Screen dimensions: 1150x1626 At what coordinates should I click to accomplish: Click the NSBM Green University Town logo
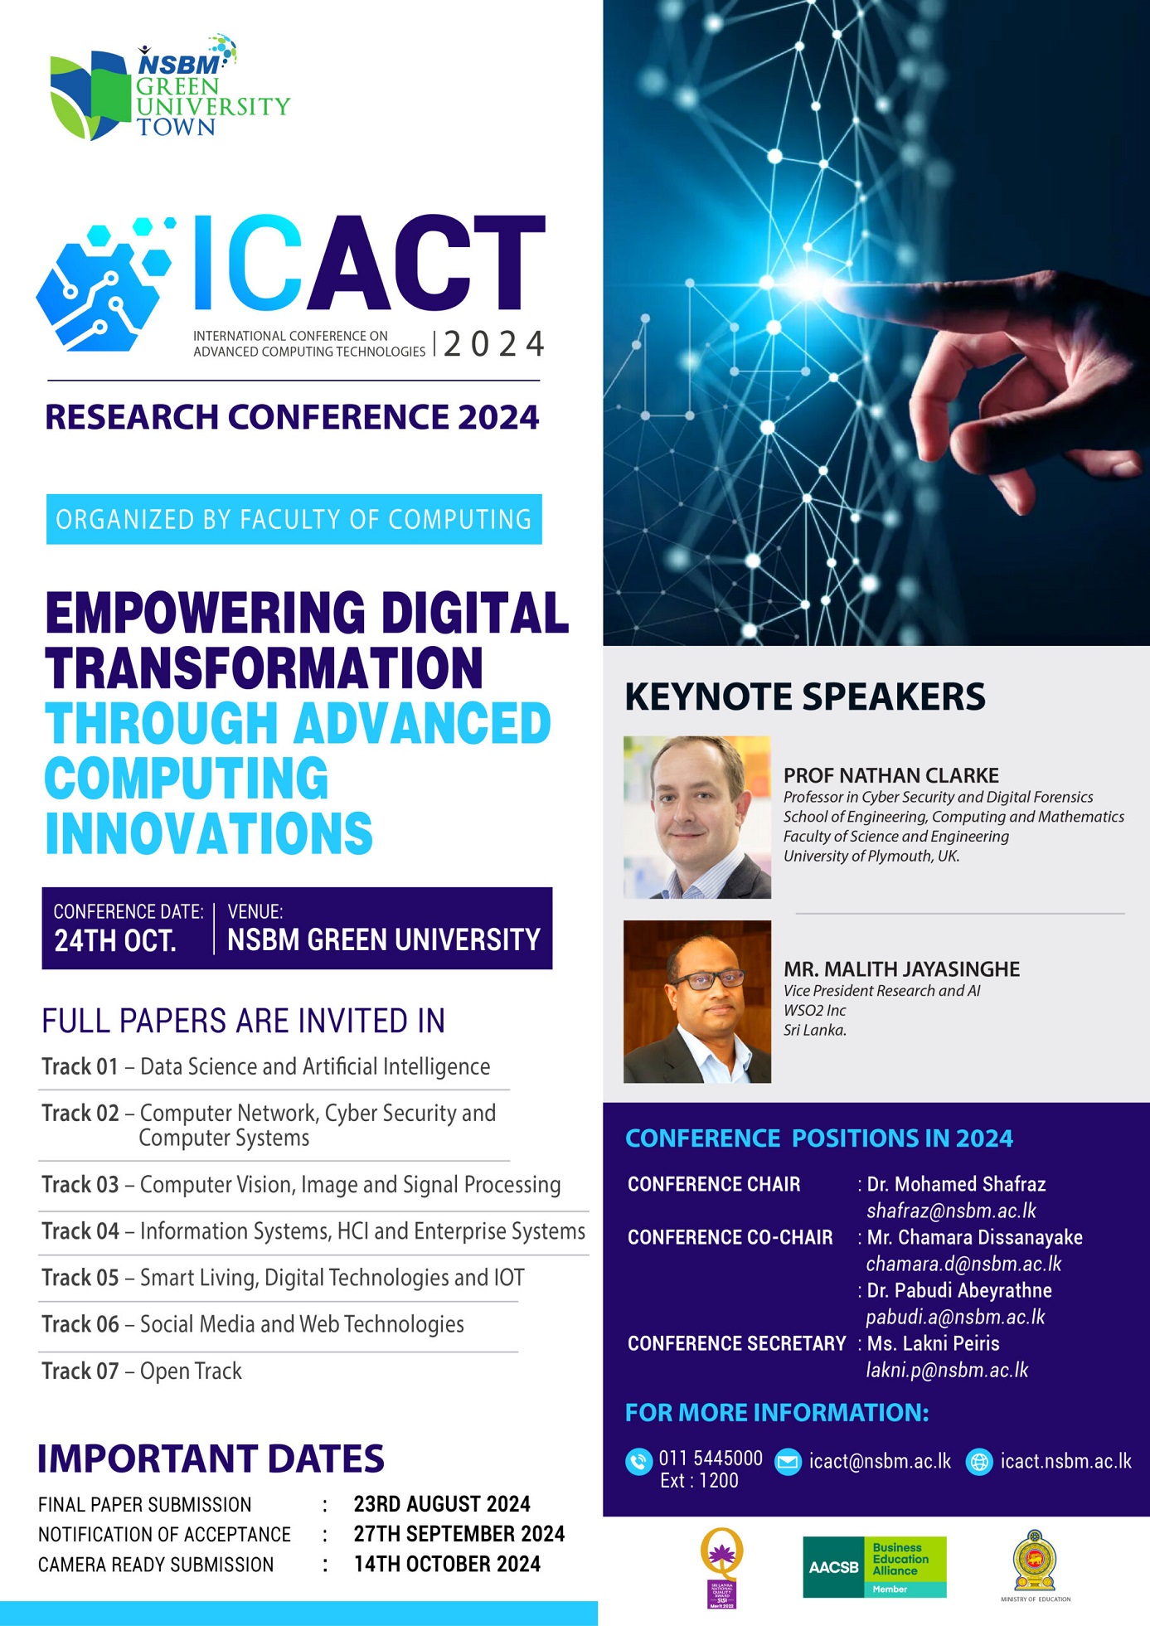(x=169, y=88)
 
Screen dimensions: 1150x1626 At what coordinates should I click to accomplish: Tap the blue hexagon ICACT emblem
(x=104, y=284)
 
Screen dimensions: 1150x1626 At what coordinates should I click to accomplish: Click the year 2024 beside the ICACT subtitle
(x=494, y=343)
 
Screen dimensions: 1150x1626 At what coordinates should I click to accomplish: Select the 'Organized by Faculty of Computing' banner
(x=294, y=519)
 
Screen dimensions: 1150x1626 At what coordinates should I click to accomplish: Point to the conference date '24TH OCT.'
(x=115, y=941)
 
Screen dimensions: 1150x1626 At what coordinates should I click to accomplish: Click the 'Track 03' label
(x=80, y=1184)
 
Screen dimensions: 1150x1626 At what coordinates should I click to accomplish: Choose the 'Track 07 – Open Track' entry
(x=142, y=1371)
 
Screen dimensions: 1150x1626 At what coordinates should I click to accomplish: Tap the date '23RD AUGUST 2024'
(x=442, y=1504)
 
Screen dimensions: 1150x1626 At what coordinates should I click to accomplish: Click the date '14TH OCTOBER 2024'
(x=447, y=1564)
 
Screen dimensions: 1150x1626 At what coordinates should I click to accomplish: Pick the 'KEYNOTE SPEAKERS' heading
(x=805, y=697)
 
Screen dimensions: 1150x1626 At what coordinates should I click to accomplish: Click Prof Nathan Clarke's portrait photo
(x=697, y=818)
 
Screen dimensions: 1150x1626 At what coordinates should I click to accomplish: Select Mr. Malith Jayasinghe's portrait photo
(x=697, y=1002)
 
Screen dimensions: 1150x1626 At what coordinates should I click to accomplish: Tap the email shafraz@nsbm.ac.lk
(x=951, y=1211)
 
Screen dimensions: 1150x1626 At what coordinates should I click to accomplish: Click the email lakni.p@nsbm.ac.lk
(x=947, y=1370)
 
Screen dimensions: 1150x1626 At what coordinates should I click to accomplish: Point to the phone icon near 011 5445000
(x=638, y=1461)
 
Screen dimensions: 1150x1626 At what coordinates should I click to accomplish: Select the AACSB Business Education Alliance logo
(x=875, y=1567)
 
